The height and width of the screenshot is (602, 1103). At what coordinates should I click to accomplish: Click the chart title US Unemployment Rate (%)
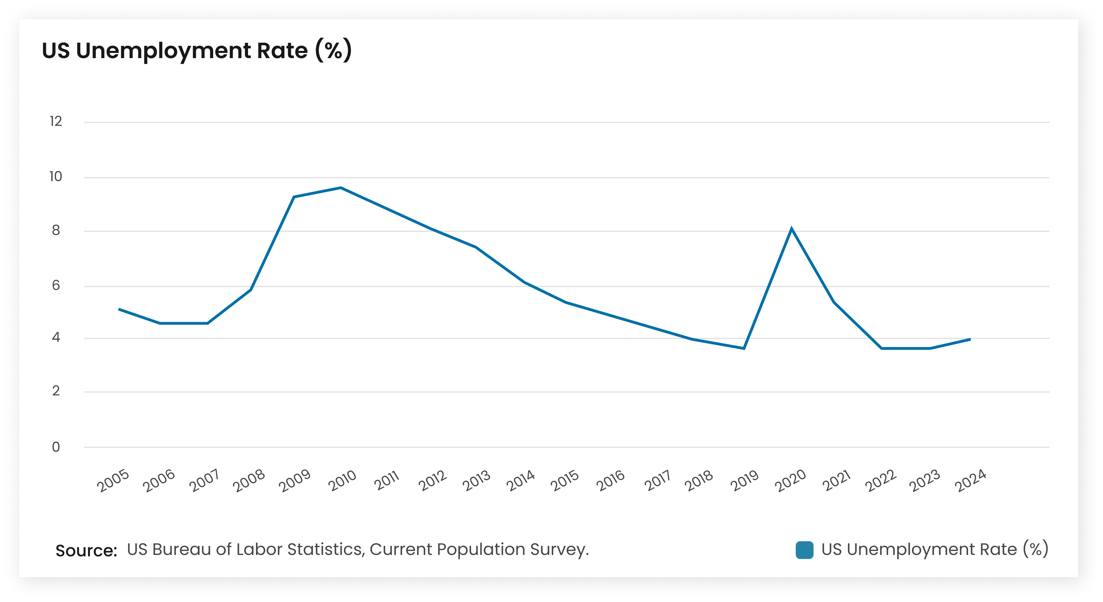[197, 51]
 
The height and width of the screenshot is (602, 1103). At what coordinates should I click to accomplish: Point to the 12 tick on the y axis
[56, 121]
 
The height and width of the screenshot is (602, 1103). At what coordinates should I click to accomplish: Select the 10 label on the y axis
[56, 176]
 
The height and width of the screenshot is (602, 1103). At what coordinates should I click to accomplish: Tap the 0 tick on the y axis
[56, 447]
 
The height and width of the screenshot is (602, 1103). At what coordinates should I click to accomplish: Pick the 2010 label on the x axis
[342, 481]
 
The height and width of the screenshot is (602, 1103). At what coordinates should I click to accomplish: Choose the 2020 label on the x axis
[791, 481]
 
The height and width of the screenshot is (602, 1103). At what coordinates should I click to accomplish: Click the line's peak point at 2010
[341, 188]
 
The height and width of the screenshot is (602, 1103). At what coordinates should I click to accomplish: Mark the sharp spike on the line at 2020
[791, 229]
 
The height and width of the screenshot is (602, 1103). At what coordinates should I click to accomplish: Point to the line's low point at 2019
[744, 348]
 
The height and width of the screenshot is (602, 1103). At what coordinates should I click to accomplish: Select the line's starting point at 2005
[119, 309]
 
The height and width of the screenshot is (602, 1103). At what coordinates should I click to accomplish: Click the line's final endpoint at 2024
[970, 339]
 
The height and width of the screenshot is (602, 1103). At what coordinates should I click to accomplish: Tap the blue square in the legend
[804, 550]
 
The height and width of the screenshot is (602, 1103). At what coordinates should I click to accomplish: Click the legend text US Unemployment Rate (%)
[934, 549]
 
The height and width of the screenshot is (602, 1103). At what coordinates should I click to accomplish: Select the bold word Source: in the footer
[86, 550]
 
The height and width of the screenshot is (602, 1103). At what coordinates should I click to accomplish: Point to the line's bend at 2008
[251, 290]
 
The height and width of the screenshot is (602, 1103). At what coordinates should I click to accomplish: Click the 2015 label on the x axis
[565, 481]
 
